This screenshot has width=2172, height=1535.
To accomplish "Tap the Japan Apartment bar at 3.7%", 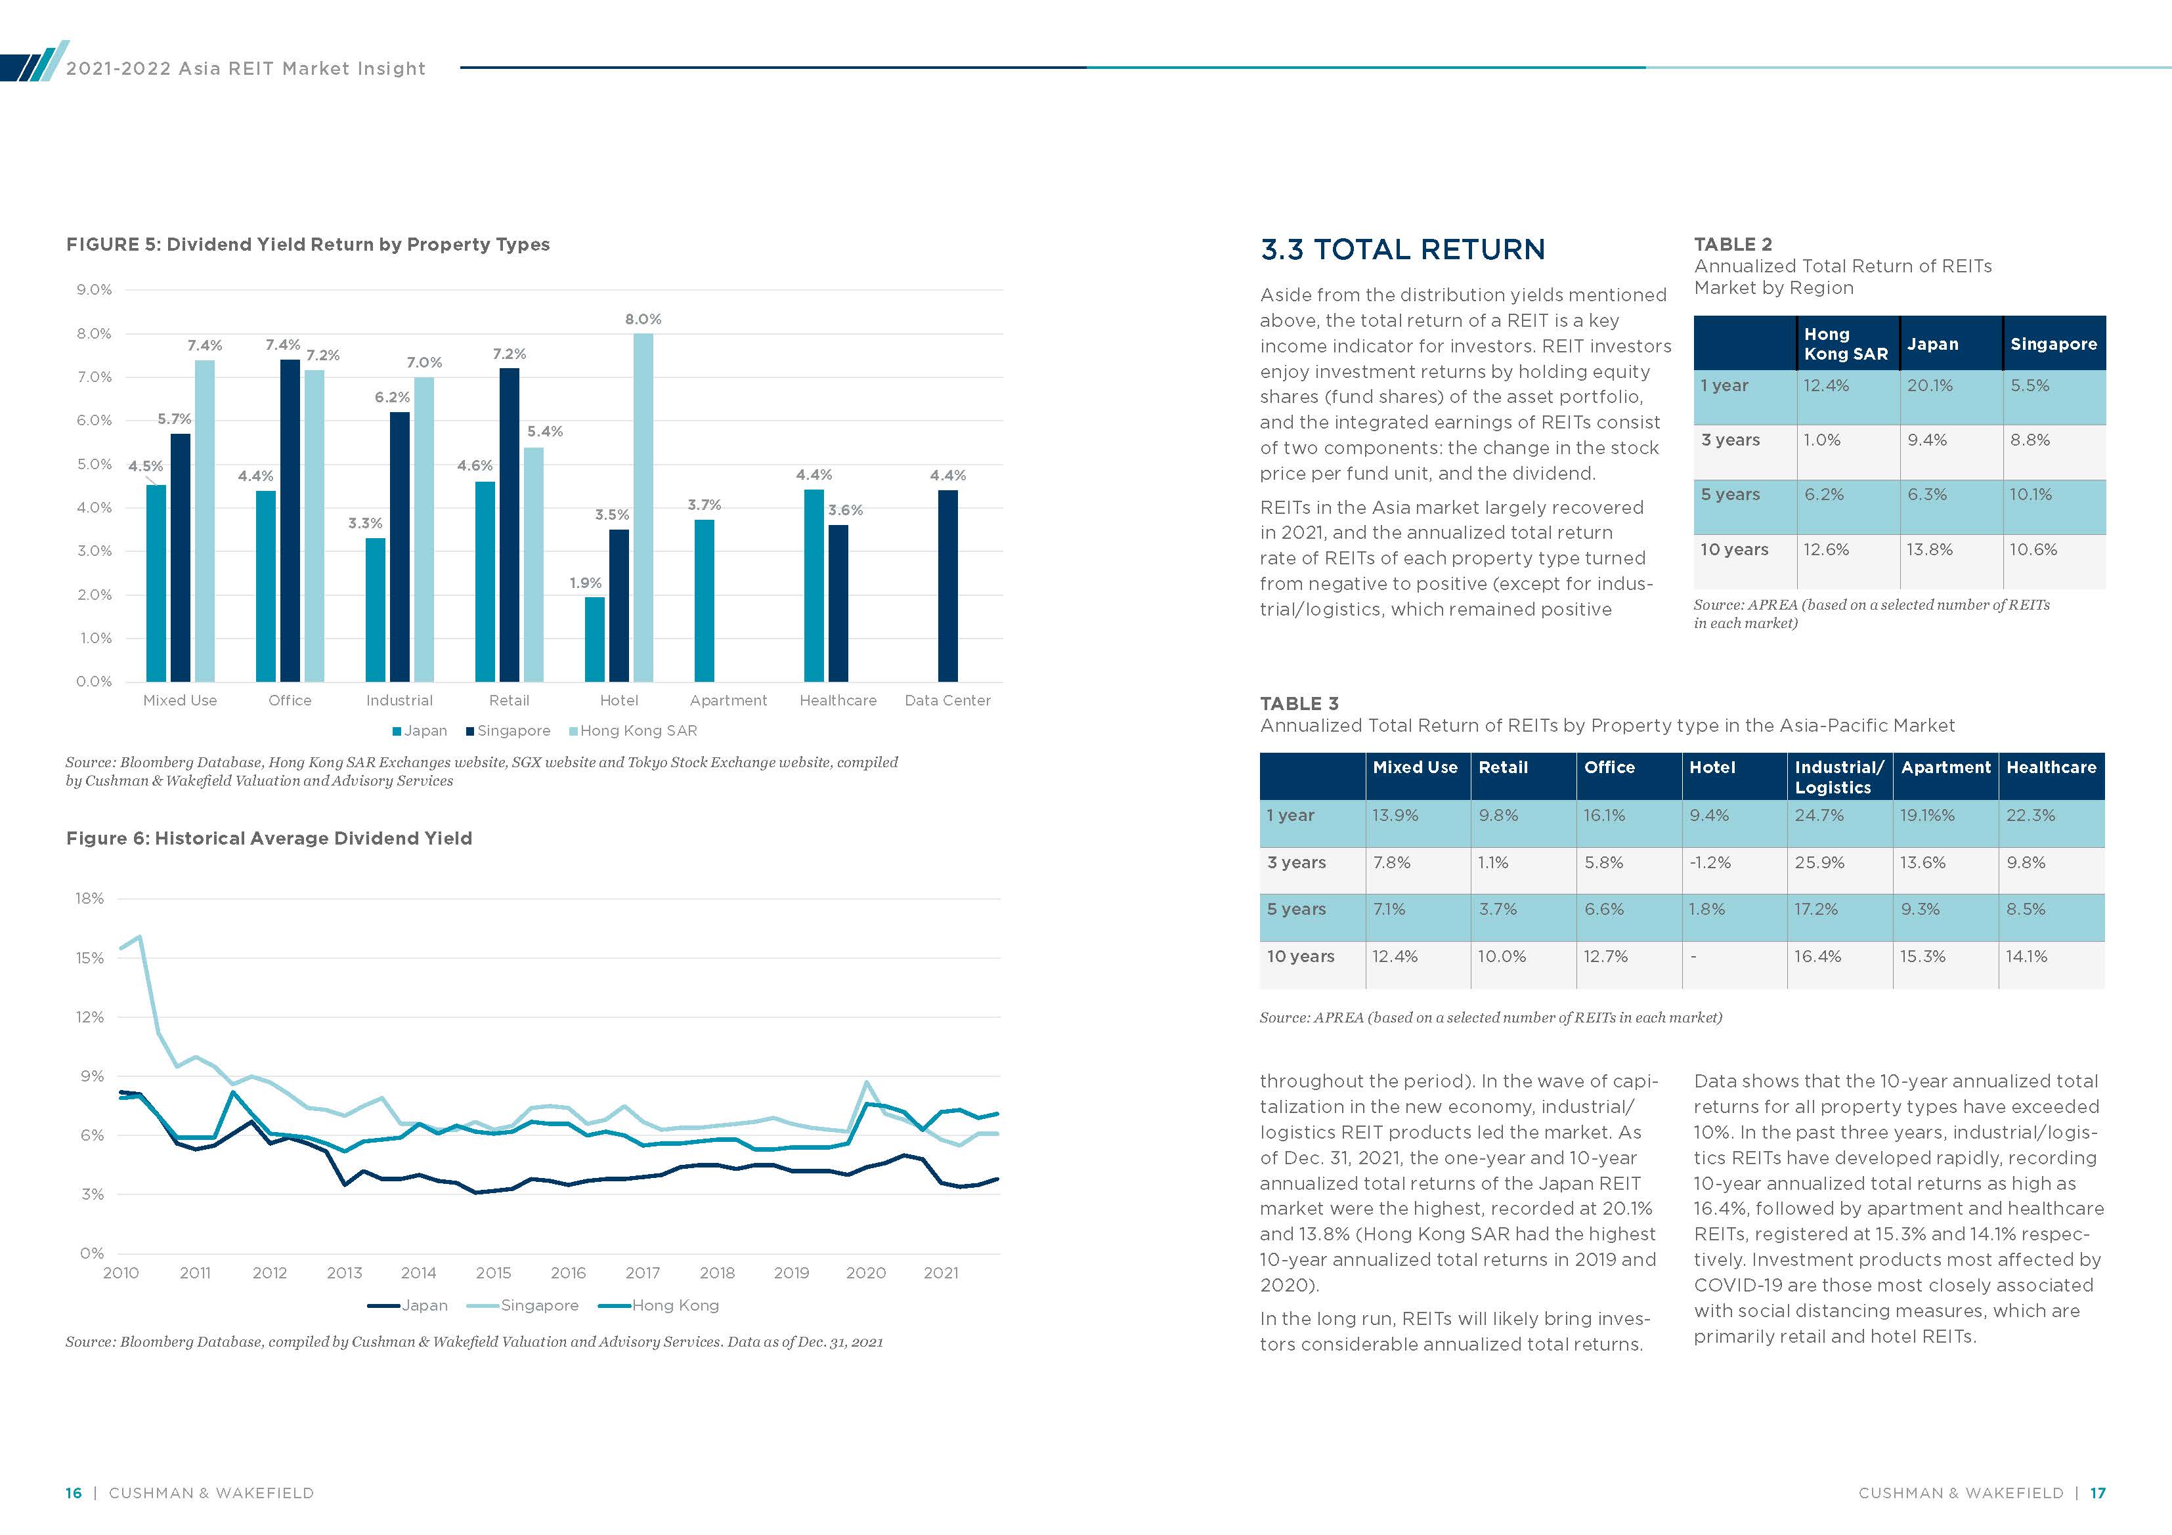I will tap(704, 600).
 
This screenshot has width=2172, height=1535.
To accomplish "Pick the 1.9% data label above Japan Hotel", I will tap(586, 583).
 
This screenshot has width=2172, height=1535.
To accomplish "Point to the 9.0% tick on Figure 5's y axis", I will tap(94, 289).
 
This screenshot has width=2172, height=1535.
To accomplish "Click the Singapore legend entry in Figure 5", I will tap(508, 731).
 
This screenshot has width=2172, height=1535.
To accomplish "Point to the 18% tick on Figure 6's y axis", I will tap(90, 898).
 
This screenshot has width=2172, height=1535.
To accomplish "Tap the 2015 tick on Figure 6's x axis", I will tap(493, 1273).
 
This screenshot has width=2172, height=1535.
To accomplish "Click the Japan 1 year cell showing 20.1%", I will tap(1930, 386).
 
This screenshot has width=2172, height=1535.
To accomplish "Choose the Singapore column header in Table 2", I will tap(2053, 345).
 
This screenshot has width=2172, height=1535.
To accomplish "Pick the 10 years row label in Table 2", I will tap(1734, 549).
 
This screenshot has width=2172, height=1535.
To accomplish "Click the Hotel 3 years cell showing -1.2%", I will tap(1710, 862).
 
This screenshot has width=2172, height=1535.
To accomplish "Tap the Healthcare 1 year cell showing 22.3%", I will tap(2030, 815).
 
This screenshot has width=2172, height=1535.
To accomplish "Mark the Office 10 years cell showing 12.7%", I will tap(1606, 956).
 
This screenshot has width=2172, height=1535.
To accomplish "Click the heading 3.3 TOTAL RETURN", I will tap(1402, 249).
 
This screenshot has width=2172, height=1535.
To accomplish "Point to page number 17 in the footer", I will tap(2097, 1492).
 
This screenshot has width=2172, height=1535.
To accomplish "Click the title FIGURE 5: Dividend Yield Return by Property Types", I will tap(307, 245).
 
